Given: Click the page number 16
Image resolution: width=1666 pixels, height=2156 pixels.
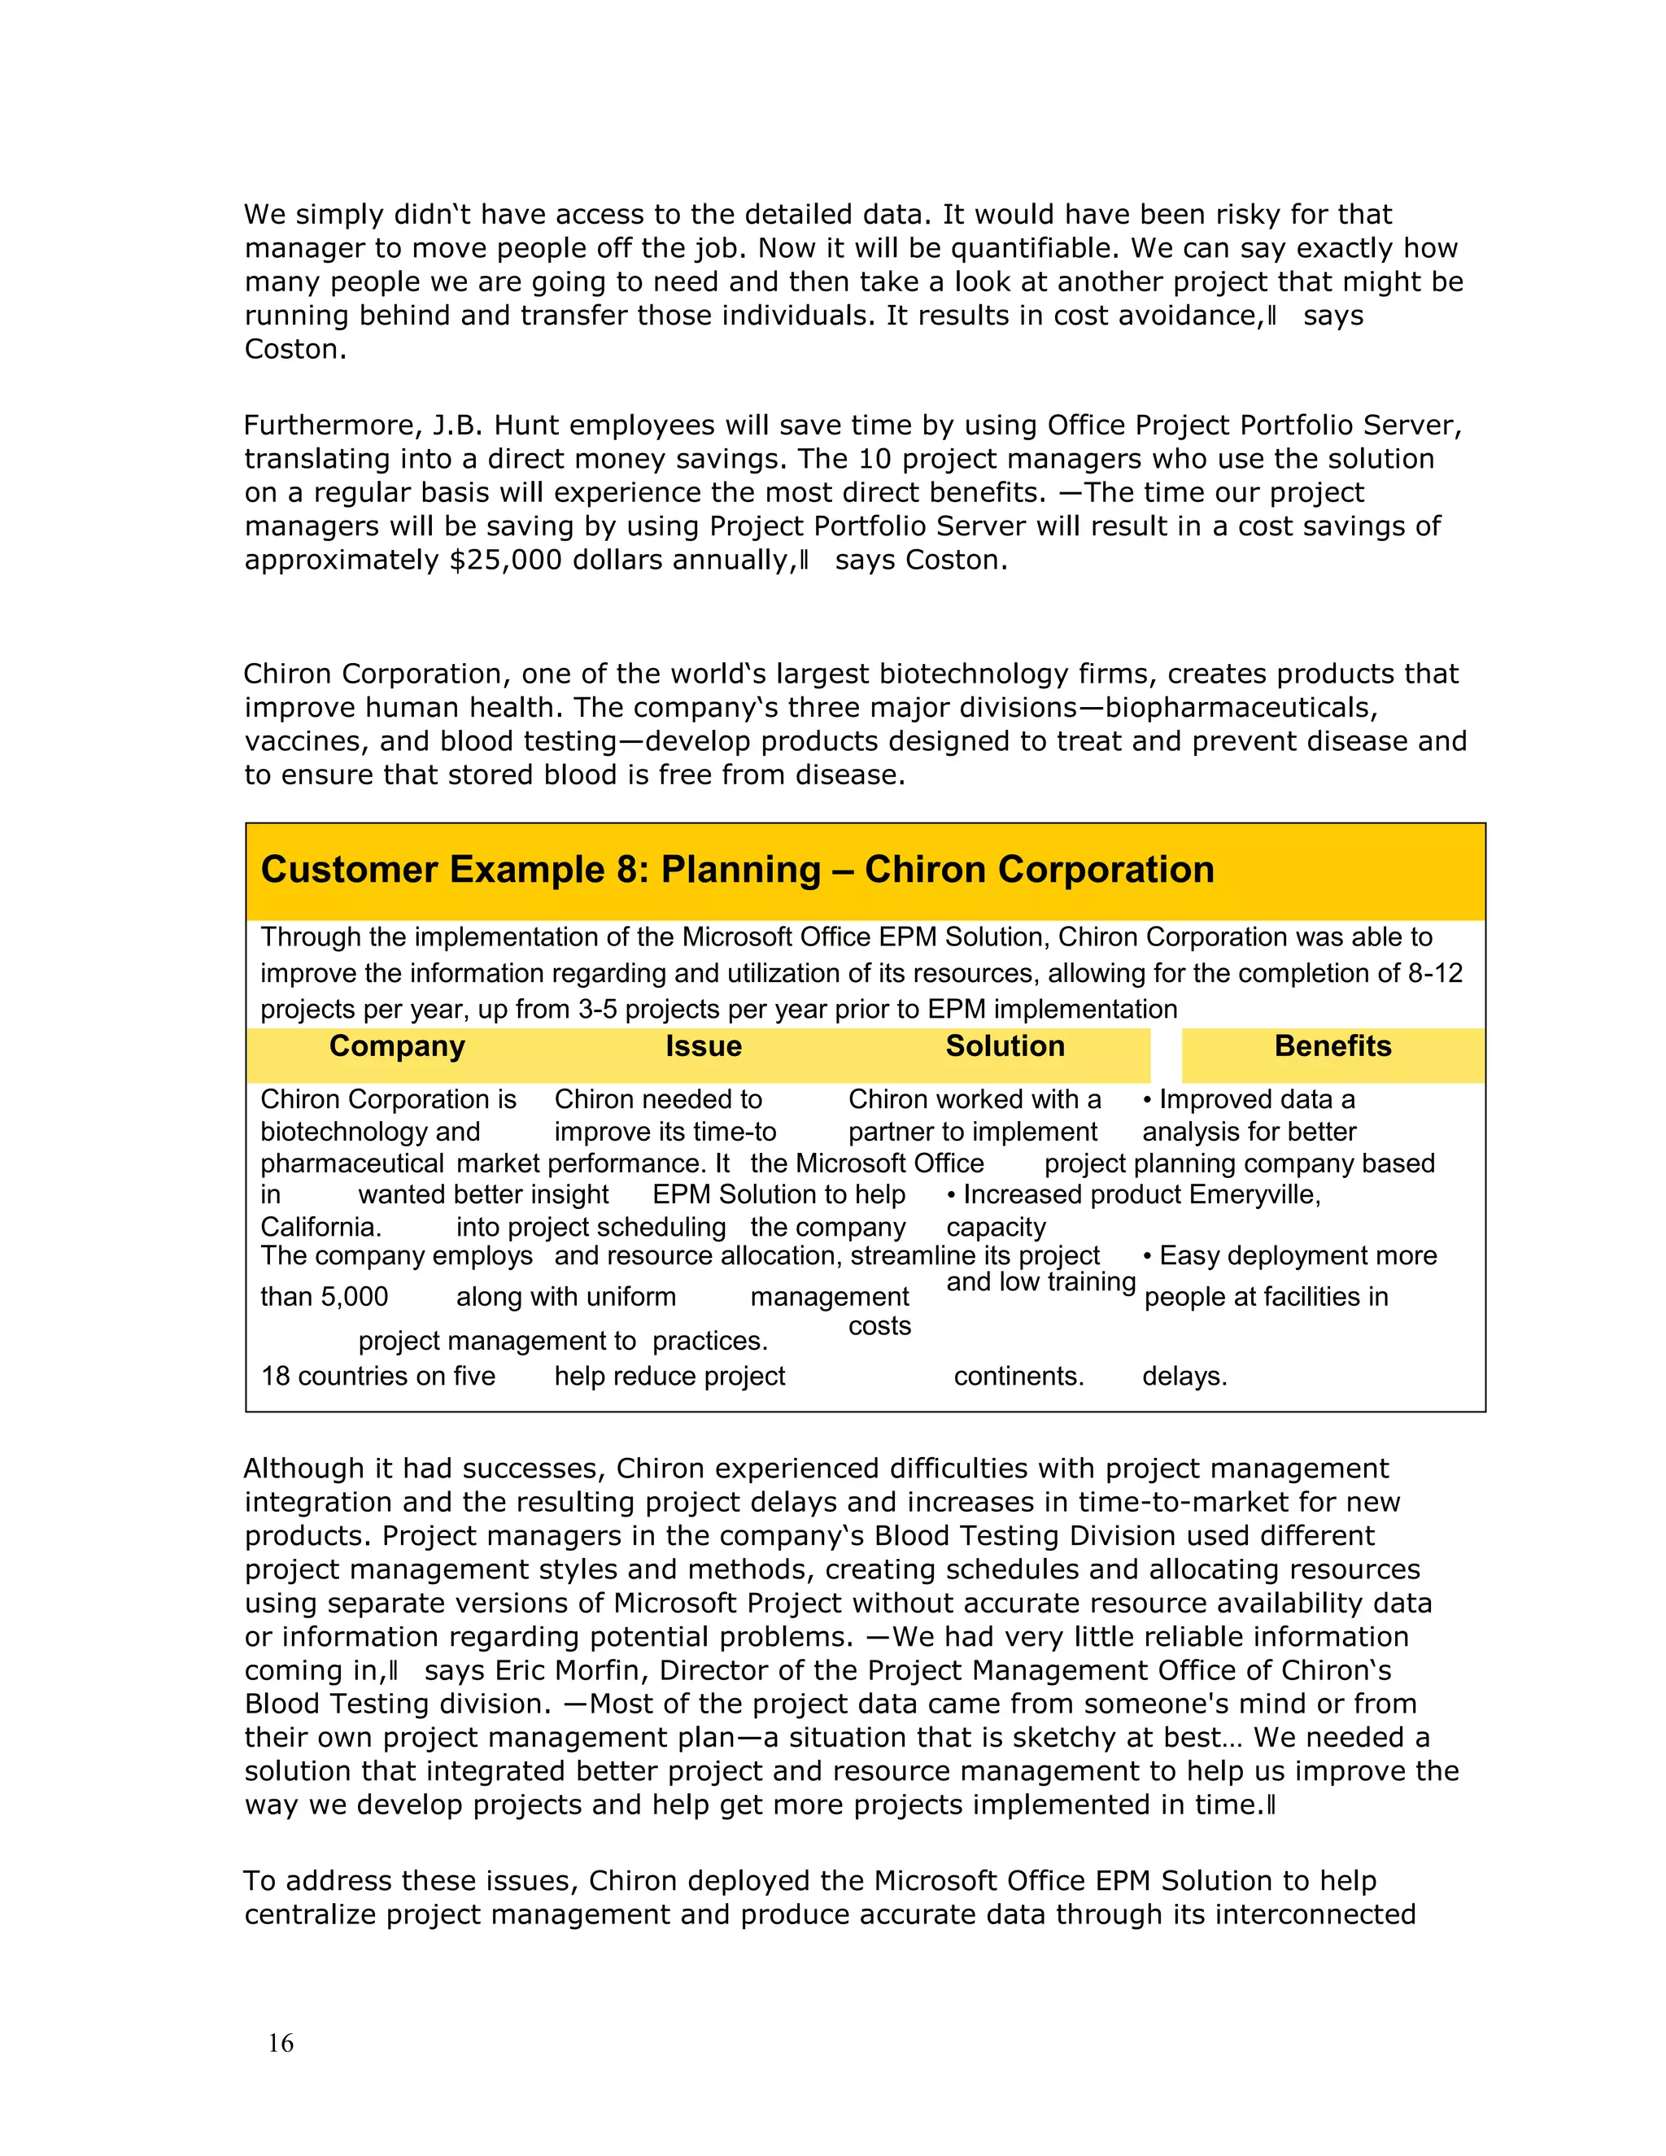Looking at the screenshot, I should coord(281,2042).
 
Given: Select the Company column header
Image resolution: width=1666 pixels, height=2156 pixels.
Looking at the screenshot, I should coord(397,1046).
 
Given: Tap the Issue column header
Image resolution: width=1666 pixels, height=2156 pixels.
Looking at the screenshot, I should coord(703,1046).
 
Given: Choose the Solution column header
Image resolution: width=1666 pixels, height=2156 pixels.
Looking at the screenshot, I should coord(1005,1046).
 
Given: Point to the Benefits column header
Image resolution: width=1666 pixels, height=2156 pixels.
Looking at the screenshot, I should coord(1332,1046).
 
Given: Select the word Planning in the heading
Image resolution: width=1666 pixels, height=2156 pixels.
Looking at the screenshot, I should coord(740,870).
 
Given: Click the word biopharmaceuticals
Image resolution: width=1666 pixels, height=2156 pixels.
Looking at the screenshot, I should coord(1240,708).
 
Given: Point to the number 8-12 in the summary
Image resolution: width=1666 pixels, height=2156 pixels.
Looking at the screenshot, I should coord(1434,973).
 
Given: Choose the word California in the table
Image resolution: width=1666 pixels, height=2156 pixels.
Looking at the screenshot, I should coord(319,1227).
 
